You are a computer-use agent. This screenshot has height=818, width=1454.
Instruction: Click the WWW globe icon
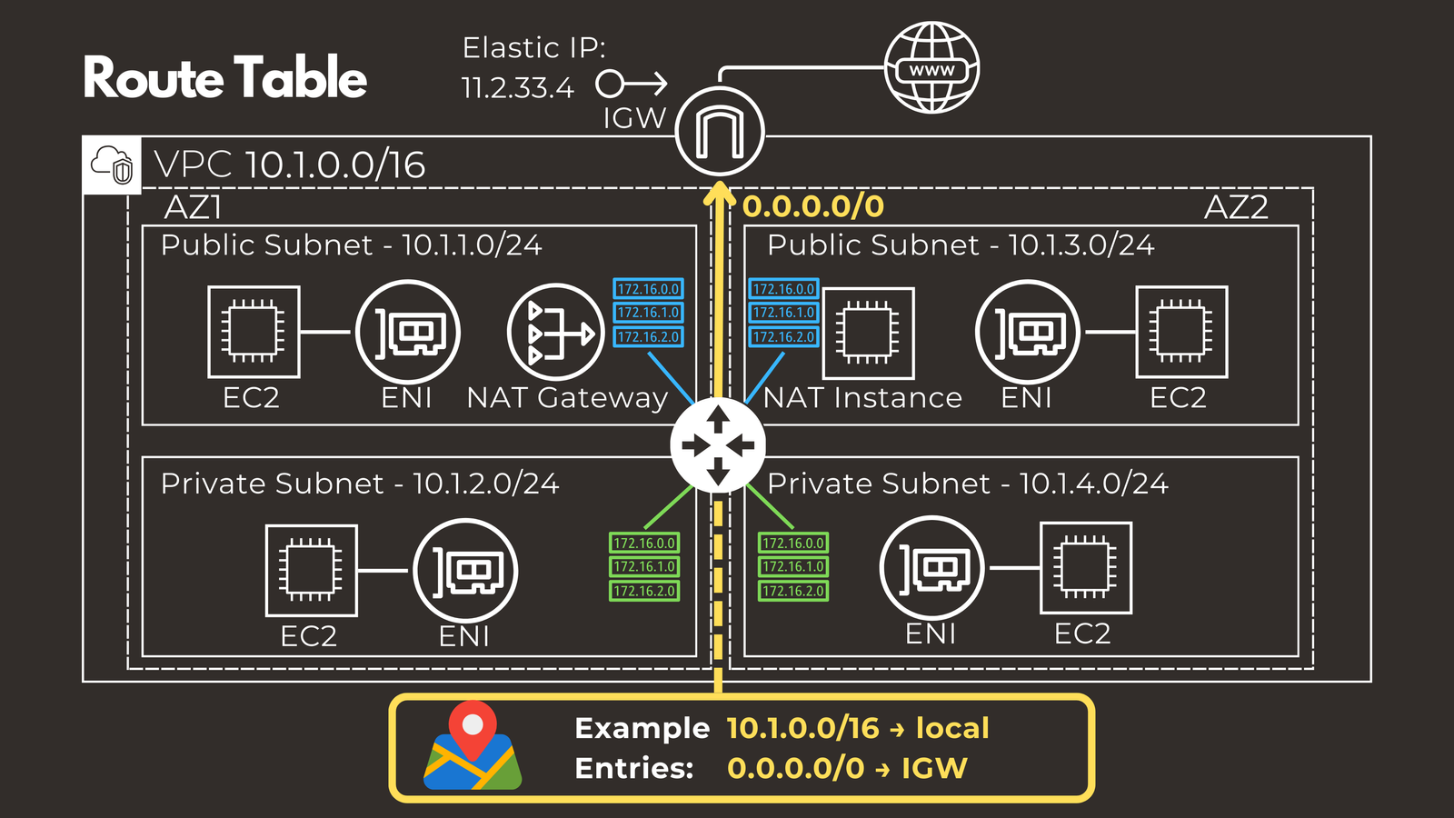(931, 68)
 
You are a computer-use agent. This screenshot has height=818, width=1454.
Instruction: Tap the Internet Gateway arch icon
(720, 132)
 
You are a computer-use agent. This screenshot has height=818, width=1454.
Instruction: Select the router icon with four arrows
(718, 445)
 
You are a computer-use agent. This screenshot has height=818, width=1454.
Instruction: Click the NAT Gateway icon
(555, 333)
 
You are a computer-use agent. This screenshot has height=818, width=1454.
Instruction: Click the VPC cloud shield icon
(112, 165)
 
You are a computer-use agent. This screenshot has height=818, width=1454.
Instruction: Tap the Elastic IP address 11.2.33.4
(517, 88)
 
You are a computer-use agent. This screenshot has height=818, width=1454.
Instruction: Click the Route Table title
(224, 78)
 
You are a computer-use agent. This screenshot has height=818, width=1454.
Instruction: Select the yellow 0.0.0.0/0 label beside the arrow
(813, 206)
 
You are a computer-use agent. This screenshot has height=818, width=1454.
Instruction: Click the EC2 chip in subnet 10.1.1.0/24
(254, 332)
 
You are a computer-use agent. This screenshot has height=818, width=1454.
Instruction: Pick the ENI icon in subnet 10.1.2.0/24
(465, 571)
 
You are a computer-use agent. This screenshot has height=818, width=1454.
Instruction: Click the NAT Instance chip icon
(868, 333)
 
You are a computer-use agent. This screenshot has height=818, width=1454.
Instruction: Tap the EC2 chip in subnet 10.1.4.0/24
(1086, 568)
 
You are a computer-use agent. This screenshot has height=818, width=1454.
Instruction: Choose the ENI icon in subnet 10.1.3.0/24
(1027, 332)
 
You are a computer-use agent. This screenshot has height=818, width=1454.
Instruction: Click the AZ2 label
(1236, 207)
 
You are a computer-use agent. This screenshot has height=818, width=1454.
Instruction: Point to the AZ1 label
(193, 207)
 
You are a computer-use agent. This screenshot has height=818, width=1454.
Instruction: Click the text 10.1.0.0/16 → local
(857, 728)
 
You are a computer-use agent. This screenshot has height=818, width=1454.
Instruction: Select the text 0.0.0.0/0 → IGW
(847, 768)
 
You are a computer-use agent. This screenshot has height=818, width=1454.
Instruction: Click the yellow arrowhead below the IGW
(720, 193)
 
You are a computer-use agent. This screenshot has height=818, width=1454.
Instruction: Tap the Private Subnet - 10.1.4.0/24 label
(968, 484)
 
